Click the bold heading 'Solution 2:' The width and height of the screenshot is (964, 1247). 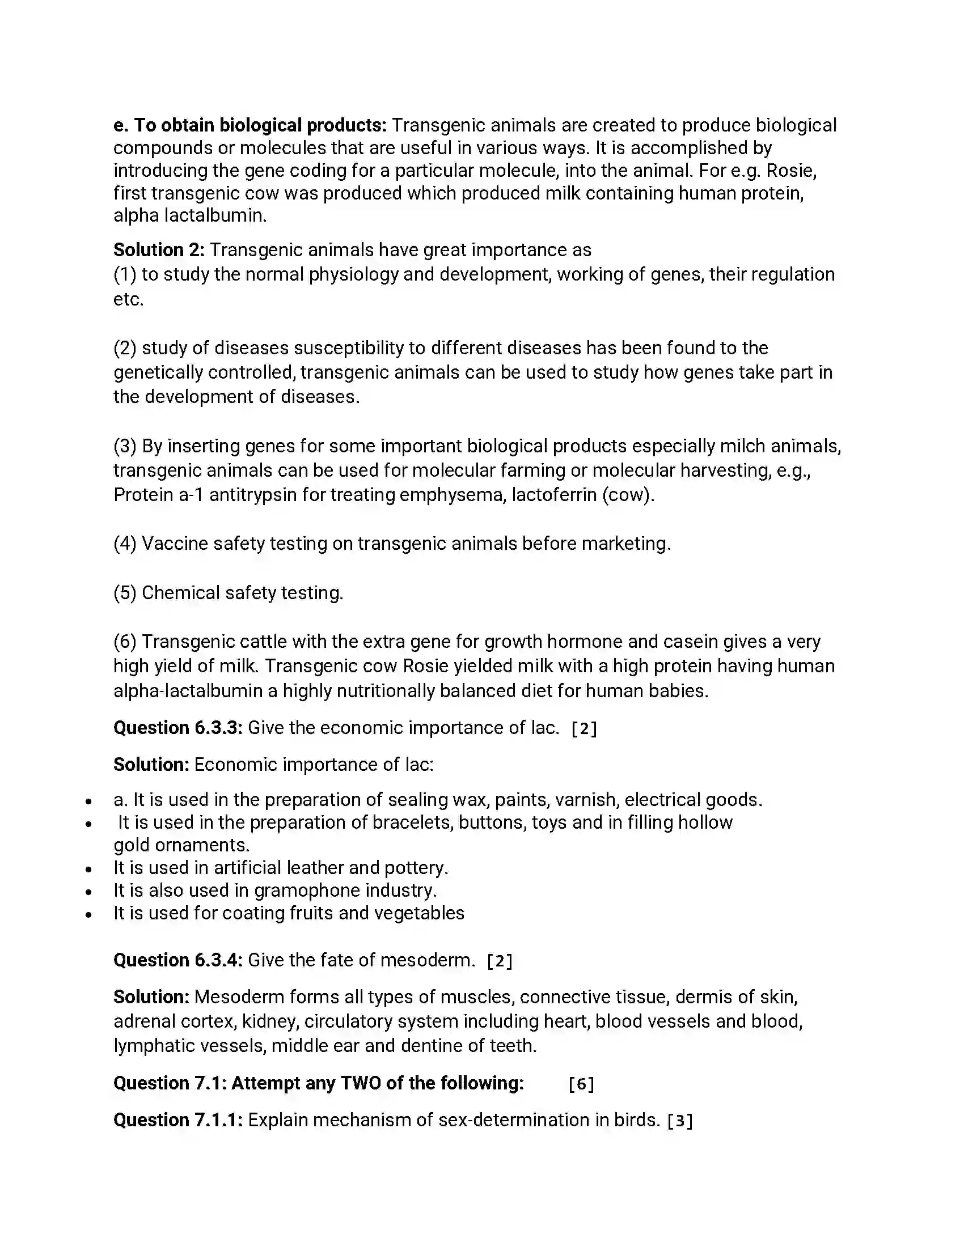pyautogui.click(x=159, y=250)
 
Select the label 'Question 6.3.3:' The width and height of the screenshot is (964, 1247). pyautogui.click(x=178, y=727)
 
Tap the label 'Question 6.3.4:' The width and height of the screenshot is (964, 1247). pyautogui.click(x=178, y=960)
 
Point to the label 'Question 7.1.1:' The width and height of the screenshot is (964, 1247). pyautogui.click(x=178, y=1119)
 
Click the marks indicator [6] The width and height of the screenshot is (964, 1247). pyautogui.click(x=581, y=1084)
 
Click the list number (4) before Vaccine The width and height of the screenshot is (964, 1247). pyautogui.click(x=125, y=544)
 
